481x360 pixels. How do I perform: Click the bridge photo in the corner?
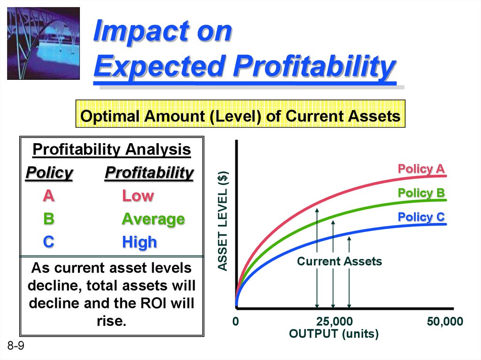(43, 43)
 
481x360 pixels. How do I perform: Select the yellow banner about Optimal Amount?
(240, 114)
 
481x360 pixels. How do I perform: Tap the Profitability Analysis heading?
(112, 150)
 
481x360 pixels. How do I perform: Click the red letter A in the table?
(49, 196)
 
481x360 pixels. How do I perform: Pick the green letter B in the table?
(49, 219)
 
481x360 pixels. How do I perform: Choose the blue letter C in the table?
(49, 242)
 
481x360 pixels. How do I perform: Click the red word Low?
(138, 196)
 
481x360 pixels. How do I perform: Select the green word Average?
(154, 219)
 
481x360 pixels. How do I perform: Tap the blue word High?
(140, 242)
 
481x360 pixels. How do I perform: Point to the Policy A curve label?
(421, 169)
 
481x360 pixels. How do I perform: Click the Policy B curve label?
(421, 193)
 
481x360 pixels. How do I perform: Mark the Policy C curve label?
(421, 217)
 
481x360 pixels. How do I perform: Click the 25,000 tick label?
(334, 322)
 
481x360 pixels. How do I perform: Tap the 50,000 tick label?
(445, 322)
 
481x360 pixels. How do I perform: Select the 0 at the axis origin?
(236, 322)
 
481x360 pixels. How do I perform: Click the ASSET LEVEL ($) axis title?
(223, 221)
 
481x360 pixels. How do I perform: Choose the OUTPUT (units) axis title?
(334, 334)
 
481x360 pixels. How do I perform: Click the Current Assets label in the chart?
(339, 261)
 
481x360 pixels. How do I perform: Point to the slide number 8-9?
(16, 346)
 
